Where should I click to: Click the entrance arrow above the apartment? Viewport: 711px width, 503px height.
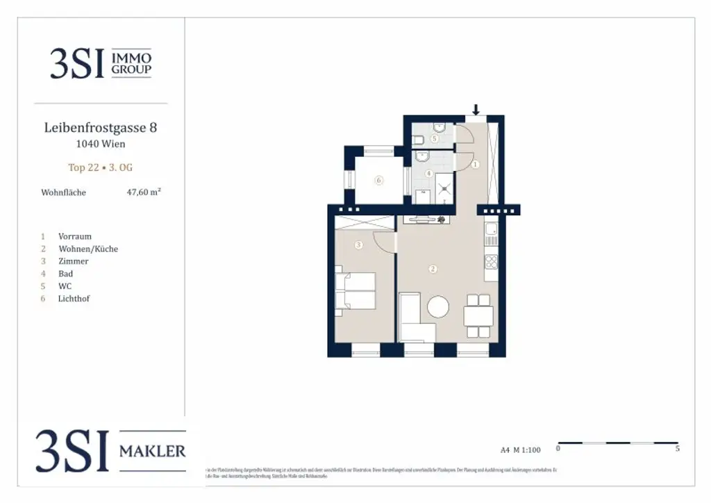click(476, 110)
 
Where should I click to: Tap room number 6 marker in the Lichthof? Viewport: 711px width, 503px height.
click(378, 181)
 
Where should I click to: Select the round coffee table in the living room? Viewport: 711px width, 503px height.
click(438, 306)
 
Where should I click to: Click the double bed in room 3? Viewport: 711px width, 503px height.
click(356, 290)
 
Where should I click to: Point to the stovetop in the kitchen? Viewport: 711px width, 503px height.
click(491, 262)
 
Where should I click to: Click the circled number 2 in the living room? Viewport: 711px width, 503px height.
click(433, 269)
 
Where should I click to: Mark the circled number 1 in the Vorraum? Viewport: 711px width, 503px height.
click(476, 165)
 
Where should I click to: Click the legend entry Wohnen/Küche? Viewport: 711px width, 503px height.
click(88, 249)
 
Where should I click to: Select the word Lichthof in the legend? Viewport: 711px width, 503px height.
click(74, 299)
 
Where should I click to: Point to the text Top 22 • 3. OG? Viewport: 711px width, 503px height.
click(101, 167)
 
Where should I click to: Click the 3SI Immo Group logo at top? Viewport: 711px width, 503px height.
click(101, 63)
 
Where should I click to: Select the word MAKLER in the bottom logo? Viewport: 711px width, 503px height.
click(153, 452)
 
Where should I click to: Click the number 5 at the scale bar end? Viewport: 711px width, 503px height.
click(677, 450)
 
